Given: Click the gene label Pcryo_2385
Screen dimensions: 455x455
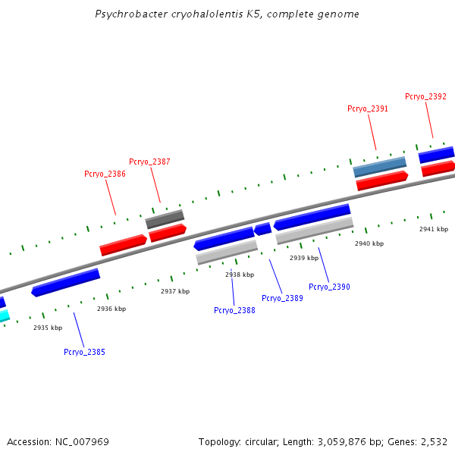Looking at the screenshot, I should pos(84,352).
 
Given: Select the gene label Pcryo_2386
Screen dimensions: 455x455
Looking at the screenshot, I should pos(105,174).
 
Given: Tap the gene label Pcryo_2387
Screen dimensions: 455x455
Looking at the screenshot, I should pos(149,162).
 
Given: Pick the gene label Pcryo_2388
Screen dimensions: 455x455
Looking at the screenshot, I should pos(234,310).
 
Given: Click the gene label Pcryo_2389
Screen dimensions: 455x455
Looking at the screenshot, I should pos(282,298).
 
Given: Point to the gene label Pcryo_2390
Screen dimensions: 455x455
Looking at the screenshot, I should pos(329,287).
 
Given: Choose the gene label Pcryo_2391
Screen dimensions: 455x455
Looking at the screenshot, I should pos(368,109).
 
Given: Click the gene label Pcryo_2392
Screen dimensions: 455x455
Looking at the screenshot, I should pos(425,97).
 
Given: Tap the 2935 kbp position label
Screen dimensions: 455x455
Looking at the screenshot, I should pos(47,328).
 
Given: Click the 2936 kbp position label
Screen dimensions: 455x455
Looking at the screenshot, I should pos(111,309).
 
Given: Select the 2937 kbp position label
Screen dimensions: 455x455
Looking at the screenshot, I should pos(175,291).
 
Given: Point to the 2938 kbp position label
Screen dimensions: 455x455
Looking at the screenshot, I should pos(240,275).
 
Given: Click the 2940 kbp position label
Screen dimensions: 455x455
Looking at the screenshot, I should pos(369,243).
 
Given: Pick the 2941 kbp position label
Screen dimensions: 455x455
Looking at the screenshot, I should pos(434,229).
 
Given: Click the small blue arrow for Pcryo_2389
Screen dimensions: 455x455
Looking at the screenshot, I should pos(262,228).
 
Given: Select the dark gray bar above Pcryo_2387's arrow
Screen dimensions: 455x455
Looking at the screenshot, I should pos(165,219).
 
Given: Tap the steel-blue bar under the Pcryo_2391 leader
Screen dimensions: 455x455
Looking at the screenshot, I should pos(380,167).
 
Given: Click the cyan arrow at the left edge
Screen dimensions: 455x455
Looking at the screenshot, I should pos(4,315).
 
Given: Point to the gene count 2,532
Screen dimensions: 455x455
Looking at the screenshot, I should pos(433,441).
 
